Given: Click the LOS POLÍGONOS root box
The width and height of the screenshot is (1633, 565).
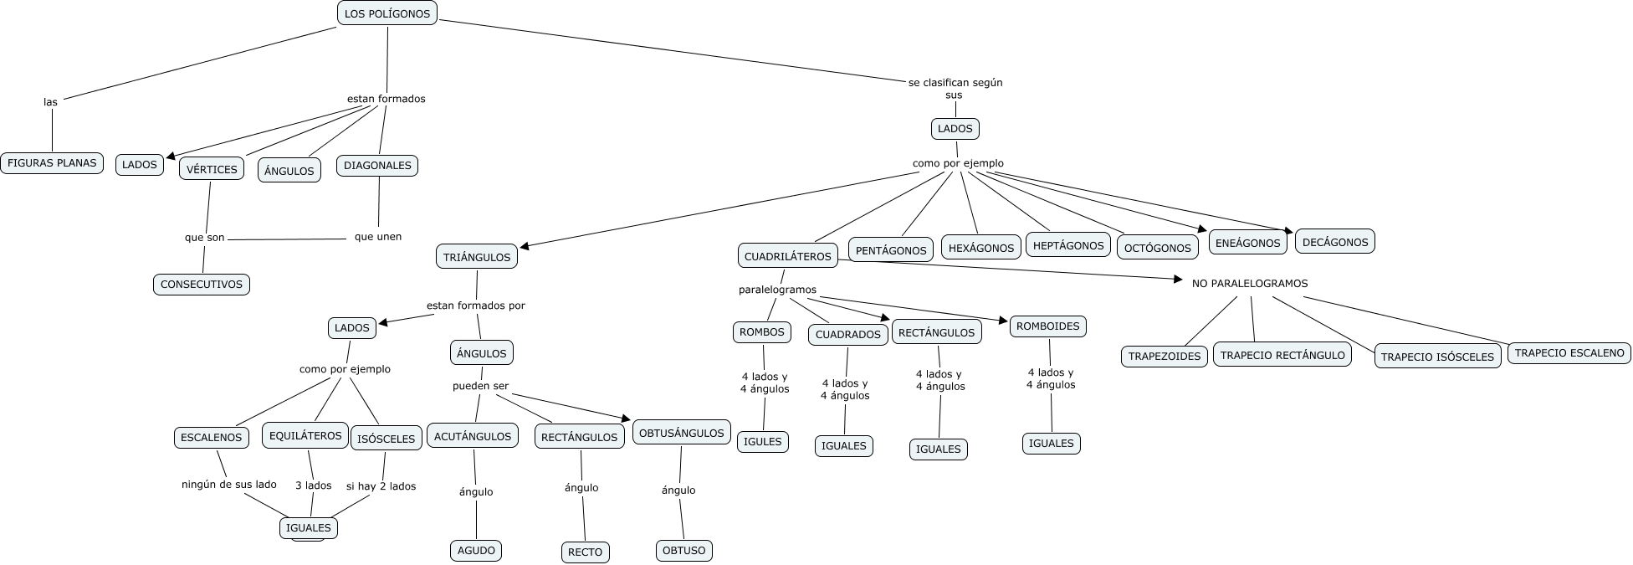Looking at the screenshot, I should click(x=386, y=13).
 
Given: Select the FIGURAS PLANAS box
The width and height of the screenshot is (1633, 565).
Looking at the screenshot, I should click(x=52, y=163).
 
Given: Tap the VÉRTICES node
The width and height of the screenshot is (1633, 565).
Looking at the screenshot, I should click(x=212, y=169).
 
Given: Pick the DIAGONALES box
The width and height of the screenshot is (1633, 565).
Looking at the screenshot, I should click(x=377, y=166).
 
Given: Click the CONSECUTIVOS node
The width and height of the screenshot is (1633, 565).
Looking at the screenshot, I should click(x=202, y=285).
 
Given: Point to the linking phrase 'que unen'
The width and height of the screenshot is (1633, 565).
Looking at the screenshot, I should click(x=378, y=237).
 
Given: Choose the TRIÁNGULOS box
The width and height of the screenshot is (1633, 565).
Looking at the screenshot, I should click(x=477, y=257).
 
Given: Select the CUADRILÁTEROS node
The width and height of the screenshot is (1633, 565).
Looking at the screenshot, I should click(x=788, y=256).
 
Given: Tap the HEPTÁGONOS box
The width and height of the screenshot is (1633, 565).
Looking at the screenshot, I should click(x=1068, y=245).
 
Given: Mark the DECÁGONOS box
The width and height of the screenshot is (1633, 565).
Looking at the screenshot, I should click(x=1335, y=242).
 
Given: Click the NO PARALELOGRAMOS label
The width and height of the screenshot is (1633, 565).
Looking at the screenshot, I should click(x=1249, y=284).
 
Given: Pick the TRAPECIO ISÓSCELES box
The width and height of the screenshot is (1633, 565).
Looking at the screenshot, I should click(x=1437, y=357).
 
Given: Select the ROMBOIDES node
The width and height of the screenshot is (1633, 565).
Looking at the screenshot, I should click(x=1047, y=326).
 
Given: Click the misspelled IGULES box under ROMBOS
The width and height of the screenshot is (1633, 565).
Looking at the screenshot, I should click(x=763, y=442).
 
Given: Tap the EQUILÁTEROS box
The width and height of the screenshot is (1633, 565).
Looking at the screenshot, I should click(x=305, y=435).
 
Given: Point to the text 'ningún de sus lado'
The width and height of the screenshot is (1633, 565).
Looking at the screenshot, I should click(x=229, y=485).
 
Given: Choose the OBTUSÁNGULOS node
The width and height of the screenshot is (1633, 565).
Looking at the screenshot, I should click(x=682, y=433).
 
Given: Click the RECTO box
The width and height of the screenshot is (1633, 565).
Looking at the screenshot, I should click(x=585, y=552).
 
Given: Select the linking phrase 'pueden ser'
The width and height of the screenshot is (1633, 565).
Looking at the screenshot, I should click(x=480, y=386).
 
